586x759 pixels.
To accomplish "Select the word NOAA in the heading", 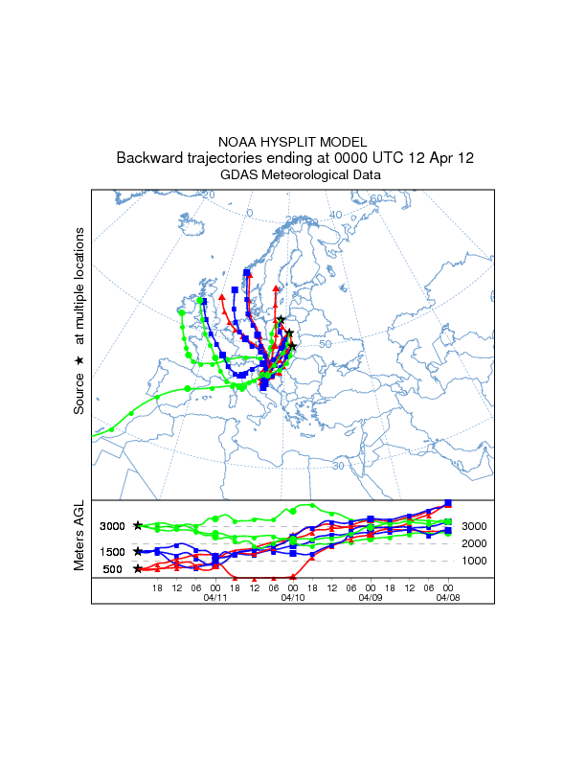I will click(237, 141).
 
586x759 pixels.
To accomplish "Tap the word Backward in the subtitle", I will click(150, 158).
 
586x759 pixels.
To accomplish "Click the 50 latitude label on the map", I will click(325, 344).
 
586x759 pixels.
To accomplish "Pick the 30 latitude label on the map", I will click(338, 466).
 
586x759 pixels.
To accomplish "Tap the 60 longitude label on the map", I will click(376, 198).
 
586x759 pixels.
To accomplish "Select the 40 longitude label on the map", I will click(335, 215).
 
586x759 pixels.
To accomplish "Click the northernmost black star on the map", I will click(281, 320).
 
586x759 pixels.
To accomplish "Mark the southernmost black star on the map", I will click(293, 346).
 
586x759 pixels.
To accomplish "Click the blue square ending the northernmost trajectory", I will click(247, 273).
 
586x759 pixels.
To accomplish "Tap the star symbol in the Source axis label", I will click(80, 359).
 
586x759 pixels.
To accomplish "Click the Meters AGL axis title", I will click(80, 540).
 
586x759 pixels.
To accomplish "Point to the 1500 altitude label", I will click(113, 551).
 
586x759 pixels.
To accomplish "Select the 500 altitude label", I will click(113, 569).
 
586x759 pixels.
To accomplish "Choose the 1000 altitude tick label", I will click(476, 561).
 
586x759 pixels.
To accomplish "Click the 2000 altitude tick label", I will click(476, 543).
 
